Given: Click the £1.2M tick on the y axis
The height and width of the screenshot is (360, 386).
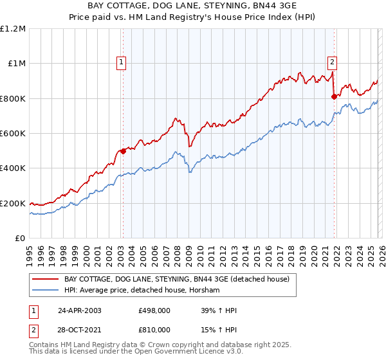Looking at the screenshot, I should [13, 29].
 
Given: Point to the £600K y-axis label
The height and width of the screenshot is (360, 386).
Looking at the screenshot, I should [13, 134].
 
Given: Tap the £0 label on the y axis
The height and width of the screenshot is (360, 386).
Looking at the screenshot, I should [21, 239].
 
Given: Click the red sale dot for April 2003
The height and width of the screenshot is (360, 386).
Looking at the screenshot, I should [123, 152].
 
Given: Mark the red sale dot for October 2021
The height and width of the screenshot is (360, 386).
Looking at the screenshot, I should [334, 97].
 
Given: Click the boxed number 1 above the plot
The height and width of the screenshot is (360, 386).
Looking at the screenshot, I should [121, 62].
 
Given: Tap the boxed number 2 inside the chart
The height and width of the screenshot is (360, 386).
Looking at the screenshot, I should [332, 62].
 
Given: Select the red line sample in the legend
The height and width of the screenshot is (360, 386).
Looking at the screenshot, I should [45, 280].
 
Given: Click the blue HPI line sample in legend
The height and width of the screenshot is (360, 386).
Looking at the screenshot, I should [45, 291].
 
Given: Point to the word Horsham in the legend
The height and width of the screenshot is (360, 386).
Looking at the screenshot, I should [206, 291].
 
